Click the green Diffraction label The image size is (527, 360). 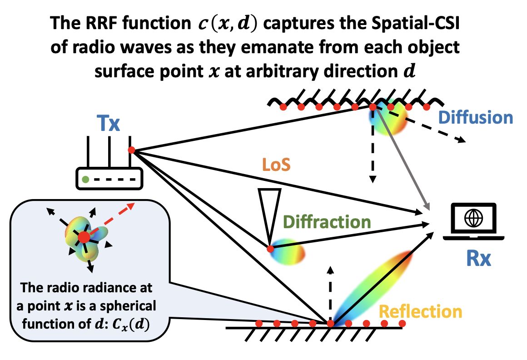326,222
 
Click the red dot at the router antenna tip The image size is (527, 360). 131,150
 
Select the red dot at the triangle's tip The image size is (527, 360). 270,249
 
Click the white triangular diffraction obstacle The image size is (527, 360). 267,211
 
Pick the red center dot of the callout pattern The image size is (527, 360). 84,237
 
